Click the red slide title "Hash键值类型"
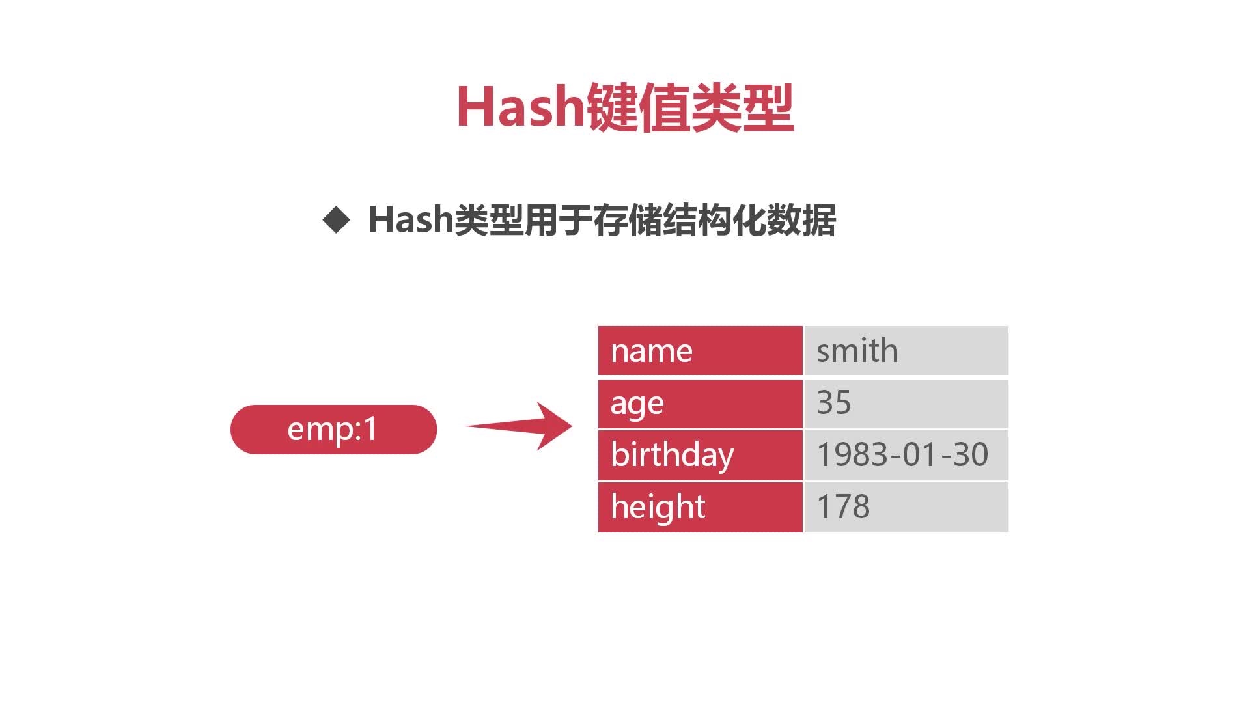(x=625, y=107)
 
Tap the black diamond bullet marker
(x=337, y=220)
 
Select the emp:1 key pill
(x=333, y=430)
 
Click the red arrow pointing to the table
(x=519, y=426)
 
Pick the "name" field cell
(x=700, y=351)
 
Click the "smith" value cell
(x=906, y=351)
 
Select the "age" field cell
(x=700, y=404)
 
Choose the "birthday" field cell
(x=700, y=456)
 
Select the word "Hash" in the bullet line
(x=410, y=219)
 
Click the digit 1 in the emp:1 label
(x=370, y=429)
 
